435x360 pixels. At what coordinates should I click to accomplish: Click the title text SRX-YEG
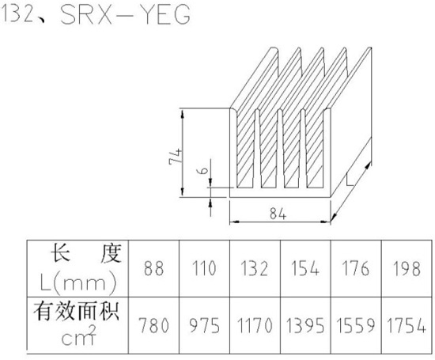(126, 14)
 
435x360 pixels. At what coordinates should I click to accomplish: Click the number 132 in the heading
(18, 14)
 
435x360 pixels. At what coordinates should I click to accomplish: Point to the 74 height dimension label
(176, 157)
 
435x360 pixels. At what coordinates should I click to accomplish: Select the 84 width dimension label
(278, 214)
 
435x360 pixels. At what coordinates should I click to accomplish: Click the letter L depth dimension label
(350, 180)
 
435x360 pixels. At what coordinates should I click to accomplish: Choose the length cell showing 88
(153, 268)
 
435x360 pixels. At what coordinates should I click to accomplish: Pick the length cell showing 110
(204, 268)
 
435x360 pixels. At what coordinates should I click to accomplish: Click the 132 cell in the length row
(254, 268)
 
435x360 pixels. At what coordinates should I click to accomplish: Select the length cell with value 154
(304, 268)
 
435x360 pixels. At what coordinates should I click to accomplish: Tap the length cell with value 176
(355, 268)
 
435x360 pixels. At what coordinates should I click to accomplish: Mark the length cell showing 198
(407, 268)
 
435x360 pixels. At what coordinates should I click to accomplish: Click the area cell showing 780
(153, 325)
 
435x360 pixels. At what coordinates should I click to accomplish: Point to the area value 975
(205, 325)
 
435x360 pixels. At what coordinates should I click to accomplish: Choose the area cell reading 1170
(255, 325)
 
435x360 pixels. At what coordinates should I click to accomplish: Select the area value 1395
(305, 325)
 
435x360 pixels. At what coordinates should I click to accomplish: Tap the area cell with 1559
(356, 325)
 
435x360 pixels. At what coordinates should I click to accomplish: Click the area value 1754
(407, 325)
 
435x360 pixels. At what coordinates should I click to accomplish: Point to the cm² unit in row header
(79, 335)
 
